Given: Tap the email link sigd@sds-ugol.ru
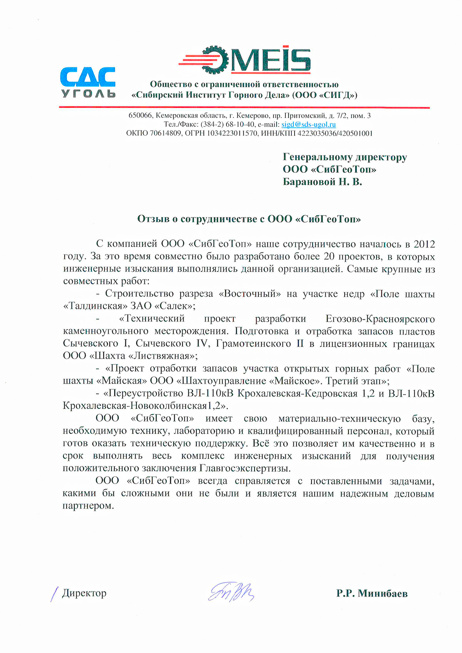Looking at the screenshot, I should tap(308, 125).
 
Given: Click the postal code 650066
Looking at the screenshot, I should tap(140, 115).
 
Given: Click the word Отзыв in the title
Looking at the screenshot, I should tap(153, 219).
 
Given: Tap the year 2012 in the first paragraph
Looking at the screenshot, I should tap(424, 244).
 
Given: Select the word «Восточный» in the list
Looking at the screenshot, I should tap(250, 294).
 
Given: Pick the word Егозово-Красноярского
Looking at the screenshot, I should tap(380, 319).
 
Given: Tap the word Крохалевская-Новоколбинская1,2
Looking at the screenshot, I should tap(146, 406).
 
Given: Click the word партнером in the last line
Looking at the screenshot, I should tap(88, 506).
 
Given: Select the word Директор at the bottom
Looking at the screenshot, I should tap(84, 593).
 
